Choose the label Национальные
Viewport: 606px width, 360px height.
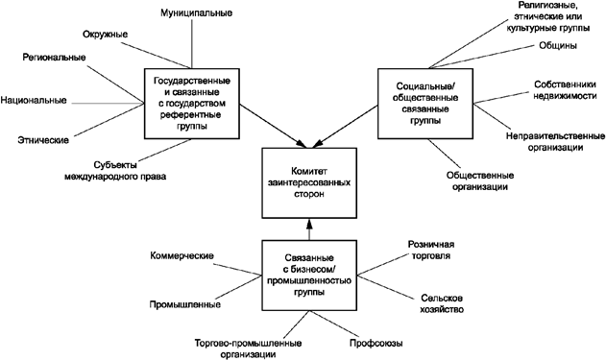pos(35,100)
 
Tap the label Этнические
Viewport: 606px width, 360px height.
pos(44,141)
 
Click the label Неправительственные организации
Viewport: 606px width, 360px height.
pos(556,142)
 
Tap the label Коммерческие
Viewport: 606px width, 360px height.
pos(182,256)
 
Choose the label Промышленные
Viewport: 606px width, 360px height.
pos(185,305)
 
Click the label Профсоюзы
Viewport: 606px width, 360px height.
pos(376,343)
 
